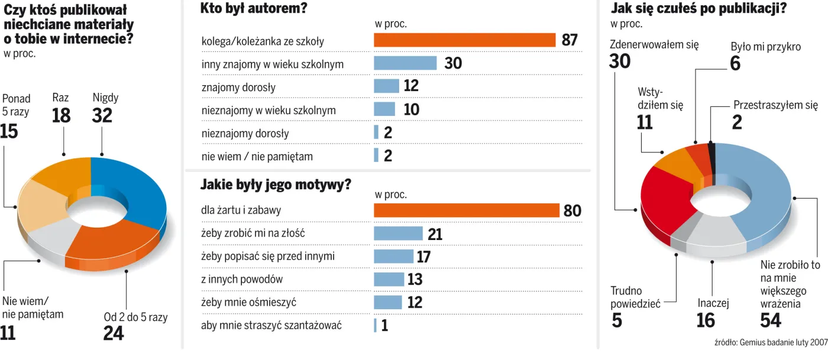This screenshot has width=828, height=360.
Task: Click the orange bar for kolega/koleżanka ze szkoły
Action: [x=464, y=40]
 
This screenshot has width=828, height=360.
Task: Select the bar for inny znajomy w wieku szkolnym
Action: [x=405, y=63]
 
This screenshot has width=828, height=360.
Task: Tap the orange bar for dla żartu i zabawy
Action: [x=466, y=210]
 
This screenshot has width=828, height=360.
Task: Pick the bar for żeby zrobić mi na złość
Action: [x=398, y=233]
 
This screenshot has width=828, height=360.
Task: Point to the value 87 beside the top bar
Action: [x=570, y=40]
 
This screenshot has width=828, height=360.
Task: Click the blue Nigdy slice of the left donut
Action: [x=133, y=183]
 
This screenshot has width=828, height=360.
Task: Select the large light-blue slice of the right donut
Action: [x=763, y=195]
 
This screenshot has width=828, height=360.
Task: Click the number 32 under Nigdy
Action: [x=102, y=115]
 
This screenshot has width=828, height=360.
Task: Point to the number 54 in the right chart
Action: [x=771, y=320]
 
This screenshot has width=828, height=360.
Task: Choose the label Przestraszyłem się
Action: [x=775, y=106]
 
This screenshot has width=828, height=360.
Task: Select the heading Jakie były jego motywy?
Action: [x=276, y=184]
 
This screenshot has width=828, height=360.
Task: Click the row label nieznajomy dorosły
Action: [x=245, y=134]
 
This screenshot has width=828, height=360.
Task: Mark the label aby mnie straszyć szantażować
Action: [x=271, y=325]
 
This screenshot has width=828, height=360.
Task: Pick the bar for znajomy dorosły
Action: [x=386, y=86]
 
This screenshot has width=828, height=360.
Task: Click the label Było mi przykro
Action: [x=765, y=47]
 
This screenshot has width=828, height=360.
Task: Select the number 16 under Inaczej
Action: [x=706, y=320]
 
